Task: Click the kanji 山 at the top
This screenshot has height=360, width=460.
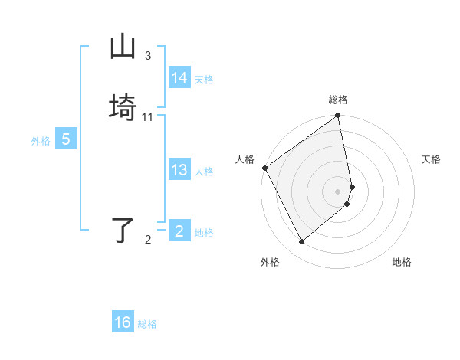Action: pyautogui.click(x=123, y=47)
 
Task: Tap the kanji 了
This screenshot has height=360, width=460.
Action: pyautogui.click(x=123, y=231)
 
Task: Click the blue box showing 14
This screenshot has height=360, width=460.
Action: pyautogui.click(x=179, y=78)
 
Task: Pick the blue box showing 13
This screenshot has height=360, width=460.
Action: pyautogui.click(x=179, y=170)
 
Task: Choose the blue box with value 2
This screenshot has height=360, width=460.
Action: pyautogui.click(x=179, y=231)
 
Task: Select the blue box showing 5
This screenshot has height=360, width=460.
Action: pyautogui.click(x=66, y=139)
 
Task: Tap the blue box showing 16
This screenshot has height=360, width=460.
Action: pyautogui.click(x=123, y=322)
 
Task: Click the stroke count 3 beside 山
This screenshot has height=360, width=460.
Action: pyautogui.click(x=148, y=56)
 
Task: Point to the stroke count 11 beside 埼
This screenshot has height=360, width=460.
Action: pyautogui.click(x=148, y=117)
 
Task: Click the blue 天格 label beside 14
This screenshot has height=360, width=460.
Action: pyautogui.click(x=204, y=80)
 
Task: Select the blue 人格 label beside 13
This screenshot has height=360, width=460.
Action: pyautogui.click(x=204, y=172)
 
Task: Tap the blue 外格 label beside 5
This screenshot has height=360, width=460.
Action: pyautogui.click(x=41, y=141)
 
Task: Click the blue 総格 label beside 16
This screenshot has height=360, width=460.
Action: pyautogui.click(x=147, y=324)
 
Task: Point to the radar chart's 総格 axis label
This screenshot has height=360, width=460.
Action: pyautogui.click(x=338, y=100)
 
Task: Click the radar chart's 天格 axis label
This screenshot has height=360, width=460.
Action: pyautogui.click(x=431, y=159)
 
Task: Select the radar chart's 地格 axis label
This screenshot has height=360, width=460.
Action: pyautogui.click(x=402, y=262)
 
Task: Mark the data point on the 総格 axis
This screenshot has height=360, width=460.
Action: pyautogui.click(x=338, y=116)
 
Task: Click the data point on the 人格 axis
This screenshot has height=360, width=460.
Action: pyautogui.click(x=264, y=168)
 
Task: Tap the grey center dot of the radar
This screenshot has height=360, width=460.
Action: pyautogui.click(x=338, y=191)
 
